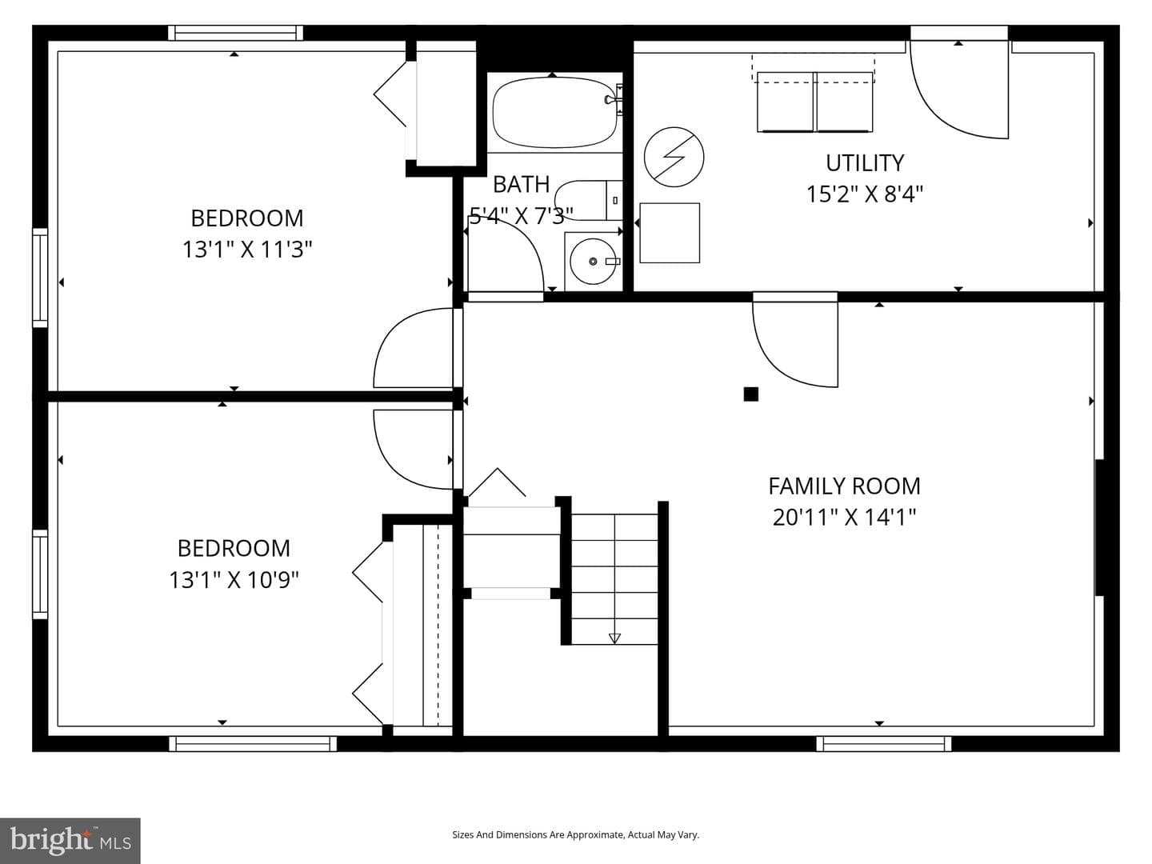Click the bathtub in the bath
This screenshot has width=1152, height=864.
(x=555, y=112)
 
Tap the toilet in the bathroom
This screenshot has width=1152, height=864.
(x=588, y=200)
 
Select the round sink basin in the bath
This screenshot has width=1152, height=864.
(x=593, y=262)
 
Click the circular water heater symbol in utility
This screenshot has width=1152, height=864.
(x=674, y=157)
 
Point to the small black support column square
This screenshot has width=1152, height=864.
(x=751, y=394)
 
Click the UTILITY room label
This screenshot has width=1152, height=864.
(x=865, y=163)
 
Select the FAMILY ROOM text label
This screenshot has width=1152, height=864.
(x=845, y=486)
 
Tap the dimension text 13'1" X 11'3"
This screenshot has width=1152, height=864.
(x=247, y=249)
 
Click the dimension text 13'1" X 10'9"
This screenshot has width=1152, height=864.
(x=234, y=580)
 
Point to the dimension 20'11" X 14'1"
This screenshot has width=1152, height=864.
(x=845, y=518)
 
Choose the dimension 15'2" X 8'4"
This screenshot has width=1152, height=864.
(x=865, y=194)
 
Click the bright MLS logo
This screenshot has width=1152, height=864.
(x=70, y=840)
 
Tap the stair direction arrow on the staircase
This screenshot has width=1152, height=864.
(x=614, y=638)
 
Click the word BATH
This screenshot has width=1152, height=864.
(x=521, y=185)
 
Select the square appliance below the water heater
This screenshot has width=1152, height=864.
(x=670, y=233)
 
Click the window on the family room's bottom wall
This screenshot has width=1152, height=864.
(x=884, y=744)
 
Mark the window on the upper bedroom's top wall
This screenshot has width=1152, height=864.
(x=236, y=33)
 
